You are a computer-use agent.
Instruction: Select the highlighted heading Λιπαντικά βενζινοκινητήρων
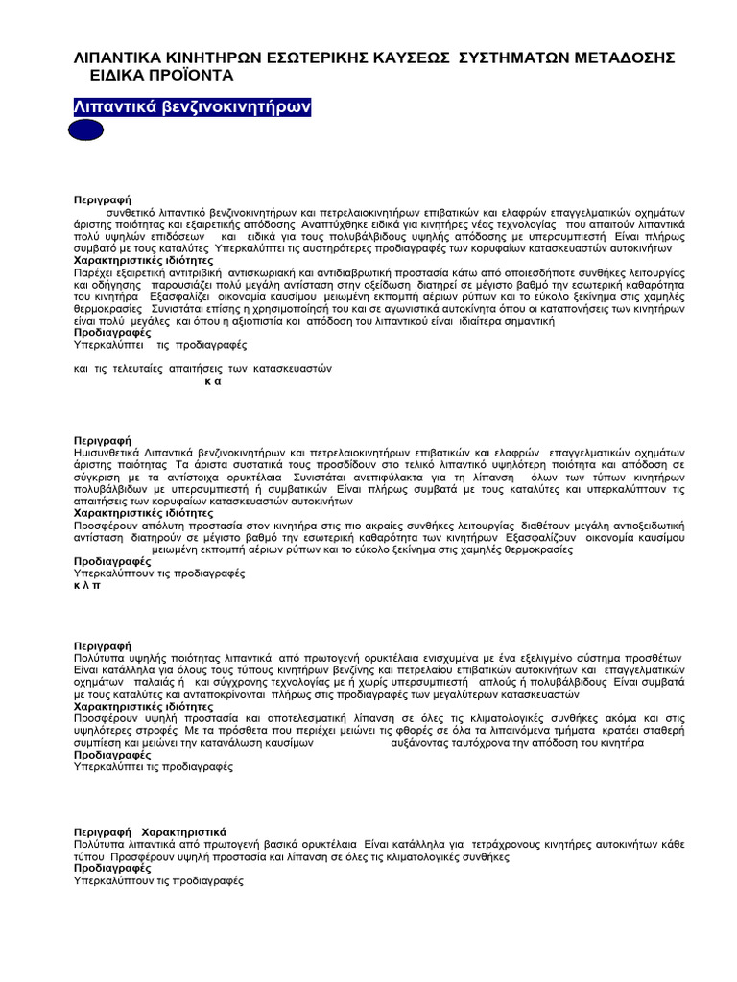coord(192,105)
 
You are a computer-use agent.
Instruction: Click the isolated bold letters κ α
coord(213,381)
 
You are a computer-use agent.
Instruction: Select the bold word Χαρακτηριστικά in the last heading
coord(183,830)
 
